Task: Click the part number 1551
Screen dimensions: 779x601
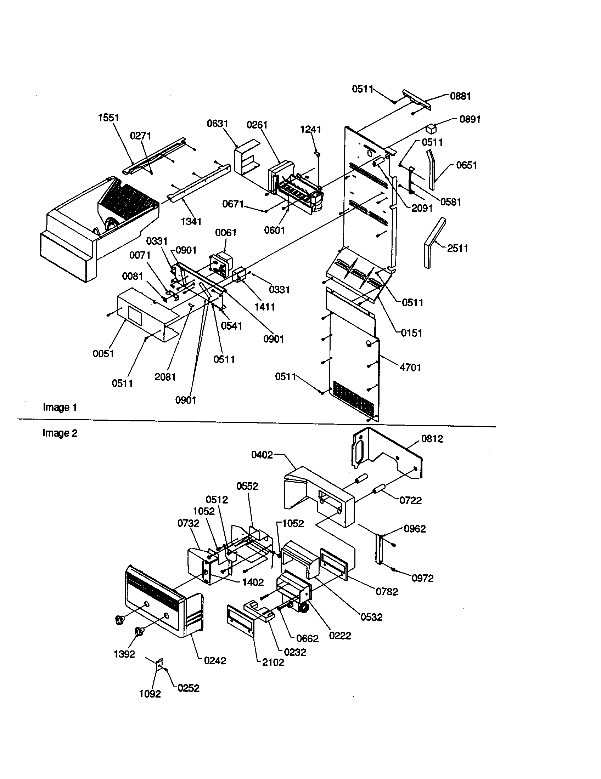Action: point(108,118)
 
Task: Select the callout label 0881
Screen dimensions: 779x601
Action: point(460,96)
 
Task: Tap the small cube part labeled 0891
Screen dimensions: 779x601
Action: point(432,128)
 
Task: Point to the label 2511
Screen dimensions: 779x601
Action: point(457,248)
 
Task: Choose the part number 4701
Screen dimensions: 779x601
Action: point(410,367)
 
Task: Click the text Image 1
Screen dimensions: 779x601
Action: point(60,407)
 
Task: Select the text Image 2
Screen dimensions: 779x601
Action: point(60,433)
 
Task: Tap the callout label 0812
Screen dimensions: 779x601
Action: point(432,439)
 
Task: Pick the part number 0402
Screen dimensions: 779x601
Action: point(262,455)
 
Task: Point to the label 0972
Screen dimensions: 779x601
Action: point(422,578)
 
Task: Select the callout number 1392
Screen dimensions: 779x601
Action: point(124,654)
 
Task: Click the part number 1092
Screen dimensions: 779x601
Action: point(150,694)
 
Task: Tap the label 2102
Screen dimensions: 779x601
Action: point(273,663)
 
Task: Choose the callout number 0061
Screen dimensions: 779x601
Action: point(226,233)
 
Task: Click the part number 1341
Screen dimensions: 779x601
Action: point(191,222)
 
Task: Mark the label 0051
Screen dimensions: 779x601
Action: point(103,353)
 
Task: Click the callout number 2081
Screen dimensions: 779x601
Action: point(165,377)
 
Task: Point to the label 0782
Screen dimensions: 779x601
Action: point(387,592)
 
